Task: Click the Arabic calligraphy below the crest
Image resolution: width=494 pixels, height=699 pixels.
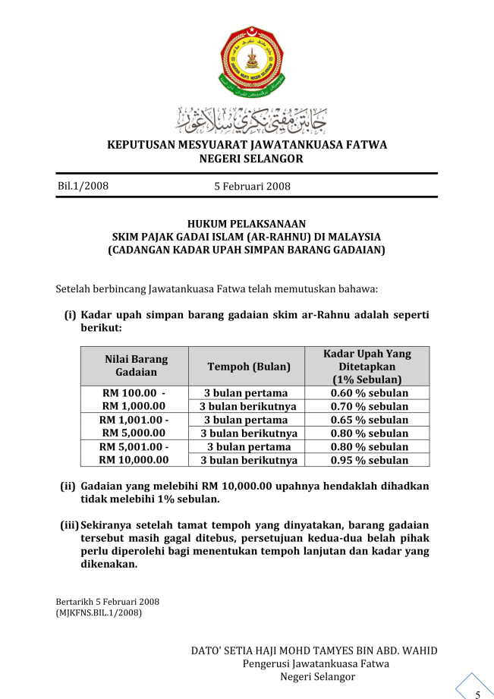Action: pyautogui.click(x=247, y=120)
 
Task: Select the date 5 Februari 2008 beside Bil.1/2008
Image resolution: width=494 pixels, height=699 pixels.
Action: pyautogui.click(x=253, y=186)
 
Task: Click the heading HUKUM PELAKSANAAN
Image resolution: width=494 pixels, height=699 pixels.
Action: pyautogui.click(x=247, y=224)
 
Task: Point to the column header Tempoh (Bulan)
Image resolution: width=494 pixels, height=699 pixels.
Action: pyautogui.click(x=249, y=367)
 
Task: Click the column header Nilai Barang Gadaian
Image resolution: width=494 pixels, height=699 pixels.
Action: pyautogui.click(x=136, y=366)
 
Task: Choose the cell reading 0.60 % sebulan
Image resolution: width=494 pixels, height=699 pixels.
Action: pyautogui.click(x=370, y=393)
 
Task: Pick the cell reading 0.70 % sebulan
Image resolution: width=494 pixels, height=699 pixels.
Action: pyautogui.click(x=370, y=407)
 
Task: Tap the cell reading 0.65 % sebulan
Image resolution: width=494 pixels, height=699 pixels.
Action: pyautogui.click(x=370, y=420)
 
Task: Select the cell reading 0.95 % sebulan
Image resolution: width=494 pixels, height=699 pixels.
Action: pyautogui.click(x=370, y=460)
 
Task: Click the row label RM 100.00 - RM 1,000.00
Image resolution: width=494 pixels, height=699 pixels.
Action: pyautogui.click(x=134, y=400)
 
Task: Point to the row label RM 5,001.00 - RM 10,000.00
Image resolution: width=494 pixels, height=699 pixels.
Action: pyautogui.click(x=134, y=453)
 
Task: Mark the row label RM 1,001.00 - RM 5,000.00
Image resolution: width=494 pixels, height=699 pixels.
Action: pyautogui.click(x=134, y=427)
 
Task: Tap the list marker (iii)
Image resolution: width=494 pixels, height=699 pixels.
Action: pyautogui.click(x=69, y=525)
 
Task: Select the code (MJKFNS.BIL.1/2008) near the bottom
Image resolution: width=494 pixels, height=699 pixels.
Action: pyautogui.click(x=99, y=612)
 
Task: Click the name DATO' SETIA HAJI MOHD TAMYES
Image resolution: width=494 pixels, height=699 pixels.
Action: pyautogui.click(x=313, y=651)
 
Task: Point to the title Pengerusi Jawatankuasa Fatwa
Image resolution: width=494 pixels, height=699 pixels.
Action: pyautogui.click(x=316, y=663)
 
